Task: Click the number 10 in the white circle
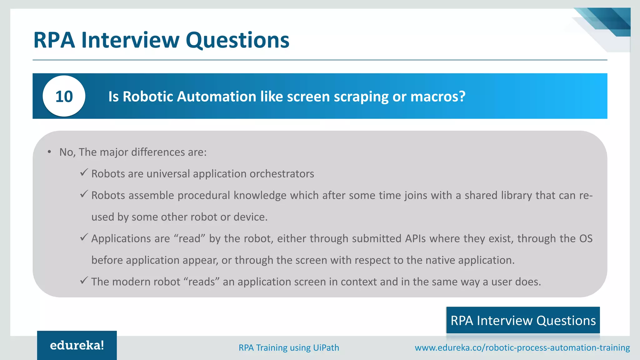coord(64,96)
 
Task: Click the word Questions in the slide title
coord(237,40)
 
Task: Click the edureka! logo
coord(77,345)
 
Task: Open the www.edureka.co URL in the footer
coord(522,347)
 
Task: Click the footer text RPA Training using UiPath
coord(289,347)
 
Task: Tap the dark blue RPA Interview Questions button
coord(523,320)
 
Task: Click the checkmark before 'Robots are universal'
coord(84,172)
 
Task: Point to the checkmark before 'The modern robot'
coord(84,280)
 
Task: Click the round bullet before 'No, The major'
coord(49,152)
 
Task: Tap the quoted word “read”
coord(189,238)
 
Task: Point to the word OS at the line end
coord(586,238)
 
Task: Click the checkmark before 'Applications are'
coord(84,237)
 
